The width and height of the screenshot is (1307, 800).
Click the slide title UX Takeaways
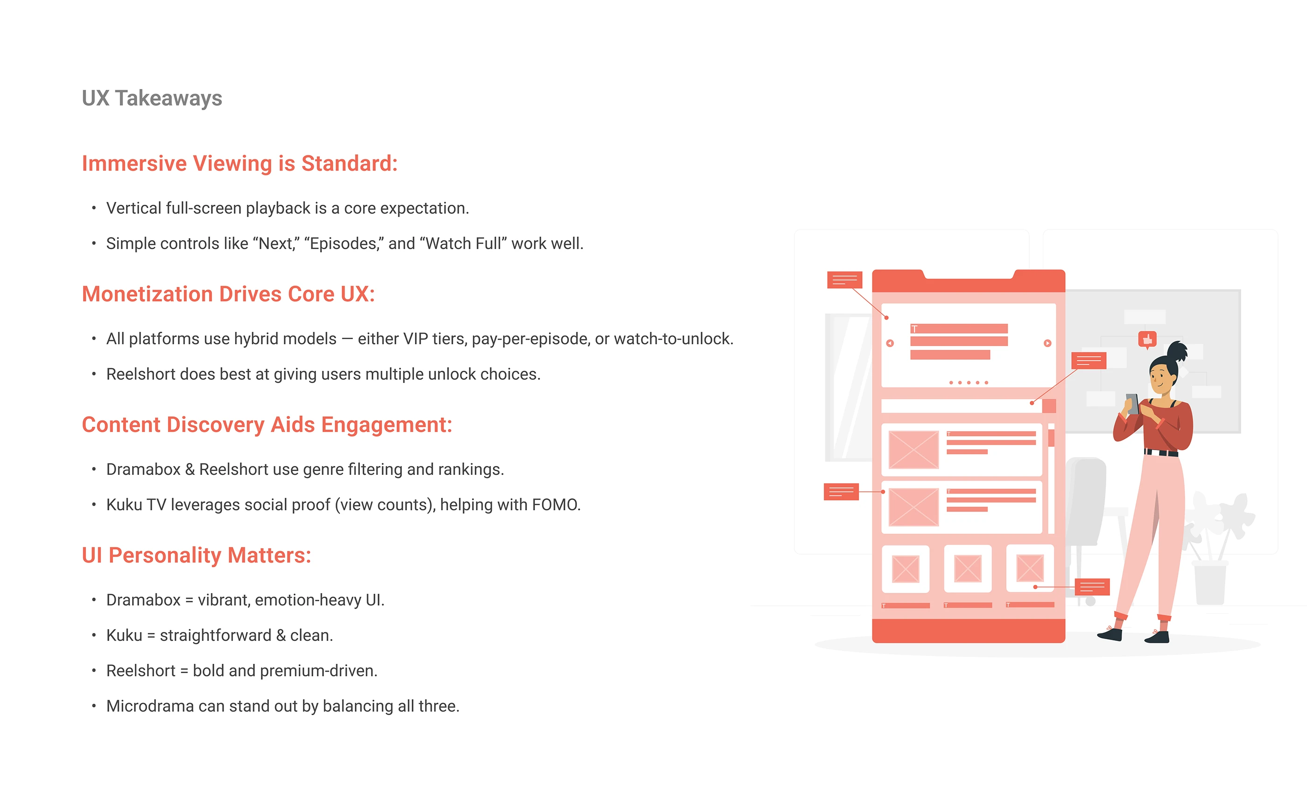[152, 98]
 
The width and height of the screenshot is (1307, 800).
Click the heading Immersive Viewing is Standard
[239, 163]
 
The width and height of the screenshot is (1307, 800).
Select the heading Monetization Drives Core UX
[228, 294]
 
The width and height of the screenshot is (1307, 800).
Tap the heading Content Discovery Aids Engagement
[267, 424]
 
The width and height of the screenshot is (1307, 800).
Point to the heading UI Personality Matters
[196, 555]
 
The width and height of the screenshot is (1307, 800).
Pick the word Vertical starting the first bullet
[134, 209]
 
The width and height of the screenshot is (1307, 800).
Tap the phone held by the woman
[1131, 403]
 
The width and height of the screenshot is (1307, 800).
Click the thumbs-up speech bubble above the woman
[1147, 339]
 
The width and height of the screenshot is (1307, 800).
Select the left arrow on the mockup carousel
[890, 343]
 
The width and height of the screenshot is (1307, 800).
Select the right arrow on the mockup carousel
[1047, 343]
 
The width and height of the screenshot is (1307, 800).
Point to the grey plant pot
[1210, 583]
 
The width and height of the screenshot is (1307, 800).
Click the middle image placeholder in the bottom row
[968, 568]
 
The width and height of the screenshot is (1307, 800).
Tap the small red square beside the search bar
[1049, 406]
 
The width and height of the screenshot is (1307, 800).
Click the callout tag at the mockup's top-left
[844, 279]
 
